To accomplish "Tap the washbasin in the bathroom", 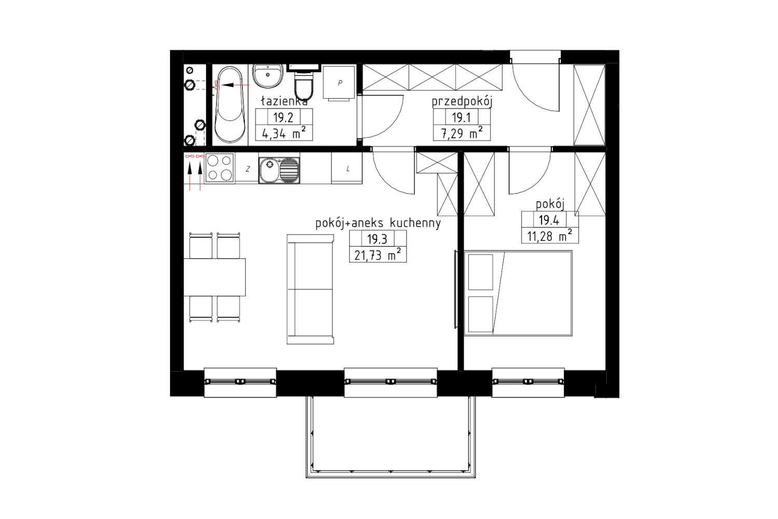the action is point(268,76).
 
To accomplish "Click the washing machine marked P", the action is point(339,84).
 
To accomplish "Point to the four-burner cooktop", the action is point(219,168).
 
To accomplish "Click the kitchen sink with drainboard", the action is point(279,170).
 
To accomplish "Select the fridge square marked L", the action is point(347,168).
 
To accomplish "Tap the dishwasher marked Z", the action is point(247,169).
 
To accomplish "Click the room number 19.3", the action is point(377,239).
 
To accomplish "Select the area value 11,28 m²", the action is point(550,236).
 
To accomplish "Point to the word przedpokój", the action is point(462,102).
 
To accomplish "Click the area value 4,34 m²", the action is point(284,134).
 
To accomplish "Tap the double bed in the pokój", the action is point(518,293).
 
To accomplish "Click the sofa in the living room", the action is point(310,289).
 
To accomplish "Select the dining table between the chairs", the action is point(215,277).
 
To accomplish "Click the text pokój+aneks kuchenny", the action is point(378,223).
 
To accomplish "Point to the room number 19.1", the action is point(461,118).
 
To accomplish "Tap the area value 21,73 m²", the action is point(378,255).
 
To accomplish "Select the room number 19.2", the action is point(283,117).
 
